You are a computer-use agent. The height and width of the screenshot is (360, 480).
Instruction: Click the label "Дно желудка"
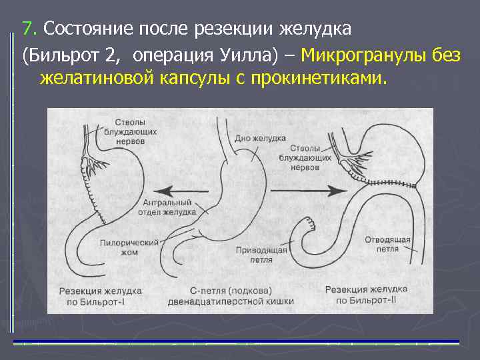(260, 138)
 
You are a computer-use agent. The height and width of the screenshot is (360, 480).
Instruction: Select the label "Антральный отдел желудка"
(170, 207)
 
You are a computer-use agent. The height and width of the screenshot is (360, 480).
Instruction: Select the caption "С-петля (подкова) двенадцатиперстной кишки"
(240, 296)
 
